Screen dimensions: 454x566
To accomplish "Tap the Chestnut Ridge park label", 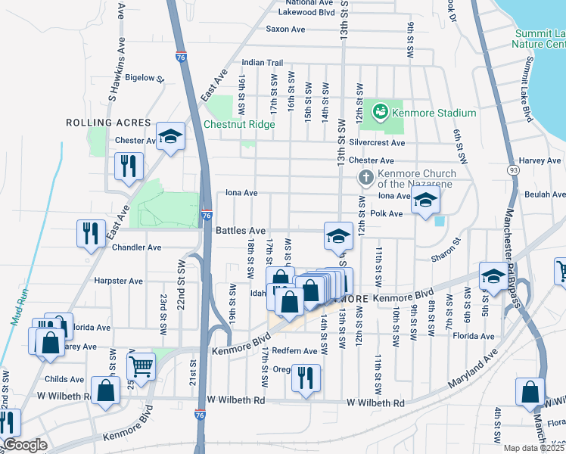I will click(x=238, y=125).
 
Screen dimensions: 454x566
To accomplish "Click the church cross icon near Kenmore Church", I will click(x=365, y=178).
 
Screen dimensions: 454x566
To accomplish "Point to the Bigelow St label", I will click(x=145, y=78).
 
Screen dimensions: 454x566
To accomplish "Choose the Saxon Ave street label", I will click(x=285, y=30).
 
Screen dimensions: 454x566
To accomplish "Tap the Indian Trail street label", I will click(x=263, y=63).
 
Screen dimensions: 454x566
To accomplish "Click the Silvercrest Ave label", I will click(x=376, y=142).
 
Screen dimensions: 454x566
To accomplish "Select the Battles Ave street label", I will click(x=241, y=230).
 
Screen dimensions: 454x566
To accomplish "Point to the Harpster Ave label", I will click(x=119, y=281).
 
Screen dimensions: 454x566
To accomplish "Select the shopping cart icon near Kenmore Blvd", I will click(x=141, y=367).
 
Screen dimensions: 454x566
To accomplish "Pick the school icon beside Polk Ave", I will click(x=426, y=201).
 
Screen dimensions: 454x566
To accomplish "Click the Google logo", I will click(x=24, y=446).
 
